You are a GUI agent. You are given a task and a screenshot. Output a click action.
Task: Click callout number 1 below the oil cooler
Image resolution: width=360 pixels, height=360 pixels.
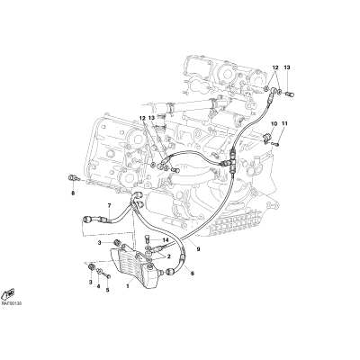(x=128, y=286)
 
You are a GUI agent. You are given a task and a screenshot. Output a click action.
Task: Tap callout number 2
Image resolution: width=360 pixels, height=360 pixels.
(x=169, y=256)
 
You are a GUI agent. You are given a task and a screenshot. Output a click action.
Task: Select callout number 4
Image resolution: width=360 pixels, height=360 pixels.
(x=98, y=286)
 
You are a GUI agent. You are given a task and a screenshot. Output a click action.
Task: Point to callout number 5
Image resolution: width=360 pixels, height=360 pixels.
(x=107, y=290)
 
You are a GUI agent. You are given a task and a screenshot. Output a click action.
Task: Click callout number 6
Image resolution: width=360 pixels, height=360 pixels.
(x=193, y=274)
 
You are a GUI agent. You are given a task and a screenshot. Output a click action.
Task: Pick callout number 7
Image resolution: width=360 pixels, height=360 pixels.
(x=109, y=205)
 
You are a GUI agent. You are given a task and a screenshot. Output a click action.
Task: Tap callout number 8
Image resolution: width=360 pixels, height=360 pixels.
(x=73, y=193)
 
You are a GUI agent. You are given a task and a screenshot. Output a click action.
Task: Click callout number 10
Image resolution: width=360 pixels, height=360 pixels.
(x=274, y=123)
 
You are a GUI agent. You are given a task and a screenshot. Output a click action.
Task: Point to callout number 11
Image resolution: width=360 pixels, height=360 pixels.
(x=284, y=123)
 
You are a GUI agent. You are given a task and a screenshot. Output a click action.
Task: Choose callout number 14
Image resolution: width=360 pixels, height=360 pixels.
(x=166, y=240)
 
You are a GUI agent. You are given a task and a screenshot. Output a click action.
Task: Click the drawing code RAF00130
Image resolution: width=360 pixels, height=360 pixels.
(x=11, y=303)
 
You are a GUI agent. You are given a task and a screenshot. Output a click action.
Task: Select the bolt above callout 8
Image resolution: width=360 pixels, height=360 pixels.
(x=73, y=179)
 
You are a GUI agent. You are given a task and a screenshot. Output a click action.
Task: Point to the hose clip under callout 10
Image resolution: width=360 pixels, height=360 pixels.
(x=266, y=138)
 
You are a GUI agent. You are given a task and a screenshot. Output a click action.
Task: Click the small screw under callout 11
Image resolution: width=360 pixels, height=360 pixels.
(x=276, y=144)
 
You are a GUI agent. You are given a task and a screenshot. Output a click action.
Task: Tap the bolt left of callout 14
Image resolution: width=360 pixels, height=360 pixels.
(x=148, y=239)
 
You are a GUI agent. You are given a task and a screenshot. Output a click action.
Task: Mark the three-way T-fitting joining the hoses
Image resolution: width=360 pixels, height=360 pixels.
(x=231, y=161)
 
